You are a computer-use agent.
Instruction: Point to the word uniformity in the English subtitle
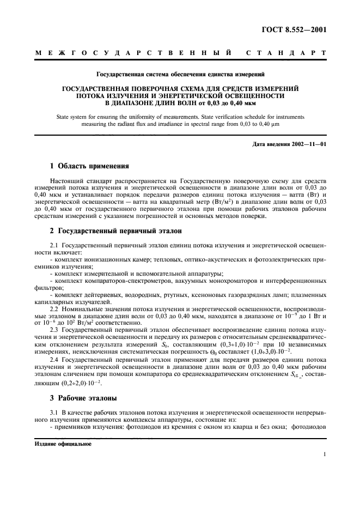click(153, 117)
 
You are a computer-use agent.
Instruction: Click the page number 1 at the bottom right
click(324, 454)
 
